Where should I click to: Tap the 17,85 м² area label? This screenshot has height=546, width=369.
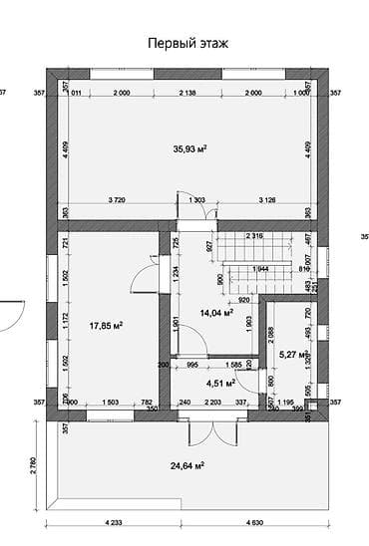(106, 325)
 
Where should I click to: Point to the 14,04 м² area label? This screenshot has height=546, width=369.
(216, 312)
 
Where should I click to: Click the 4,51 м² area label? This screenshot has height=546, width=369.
(219, 383)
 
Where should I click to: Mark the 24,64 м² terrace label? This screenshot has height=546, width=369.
(186, 465)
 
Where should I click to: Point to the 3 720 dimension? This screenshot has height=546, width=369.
(116, 200)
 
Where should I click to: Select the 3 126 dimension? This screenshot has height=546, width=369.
(268, 200)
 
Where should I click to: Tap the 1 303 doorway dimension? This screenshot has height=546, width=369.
(195, 200)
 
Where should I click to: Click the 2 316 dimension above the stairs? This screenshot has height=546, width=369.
(253, 236)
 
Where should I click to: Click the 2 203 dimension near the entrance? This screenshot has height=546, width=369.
(211, 402)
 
